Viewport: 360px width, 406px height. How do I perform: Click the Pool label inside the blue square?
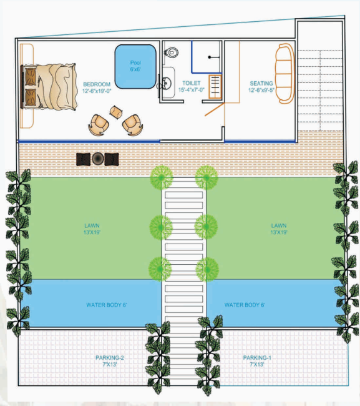tap(135, 62)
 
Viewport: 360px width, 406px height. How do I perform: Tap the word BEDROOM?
tap(97, 84)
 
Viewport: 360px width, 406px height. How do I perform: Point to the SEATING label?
tap(261, 83)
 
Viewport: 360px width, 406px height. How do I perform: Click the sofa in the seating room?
tap(285, 73)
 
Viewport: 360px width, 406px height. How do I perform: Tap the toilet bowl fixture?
tap(170, 52)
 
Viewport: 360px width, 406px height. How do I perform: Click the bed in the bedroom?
tap(49, 84)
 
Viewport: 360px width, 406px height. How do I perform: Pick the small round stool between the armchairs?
tap(115, 112)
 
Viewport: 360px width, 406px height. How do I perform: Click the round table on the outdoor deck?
tap(97, 159)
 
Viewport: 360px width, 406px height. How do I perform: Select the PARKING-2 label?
tap(110, 358)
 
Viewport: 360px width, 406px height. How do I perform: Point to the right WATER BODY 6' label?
tap(245, 305)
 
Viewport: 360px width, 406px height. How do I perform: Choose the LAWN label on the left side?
tap(92, 225)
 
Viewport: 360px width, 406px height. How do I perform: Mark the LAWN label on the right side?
tap(278, 225)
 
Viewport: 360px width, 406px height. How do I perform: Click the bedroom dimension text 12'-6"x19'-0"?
tap(97, 91)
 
